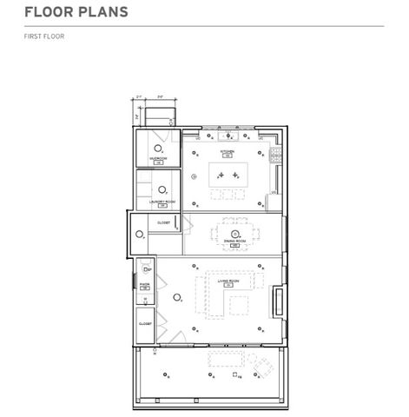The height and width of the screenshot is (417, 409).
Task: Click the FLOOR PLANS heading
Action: click(76, 12)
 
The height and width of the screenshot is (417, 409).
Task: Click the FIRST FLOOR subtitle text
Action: click(44, 36)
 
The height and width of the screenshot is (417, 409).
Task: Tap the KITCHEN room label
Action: click(227, 152)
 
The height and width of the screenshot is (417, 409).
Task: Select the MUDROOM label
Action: click(158, 159)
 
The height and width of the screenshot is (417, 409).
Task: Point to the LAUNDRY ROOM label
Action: click(162, 202)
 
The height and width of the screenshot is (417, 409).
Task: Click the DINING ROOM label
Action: click(234, 242)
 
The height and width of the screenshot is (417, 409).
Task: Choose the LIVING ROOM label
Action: click(229, 281)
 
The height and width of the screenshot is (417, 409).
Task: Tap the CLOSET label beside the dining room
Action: click(164, 223)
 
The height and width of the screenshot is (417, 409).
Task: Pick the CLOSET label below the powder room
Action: click(145, 323)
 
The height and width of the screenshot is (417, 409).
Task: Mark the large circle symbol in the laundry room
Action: click(162, 189)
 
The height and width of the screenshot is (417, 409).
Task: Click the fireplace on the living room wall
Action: click(278, 301)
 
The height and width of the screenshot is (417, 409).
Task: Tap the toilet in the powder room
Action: click(145, 270)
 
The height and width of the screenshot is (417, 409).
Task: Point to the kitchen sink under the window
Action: click(230, 136)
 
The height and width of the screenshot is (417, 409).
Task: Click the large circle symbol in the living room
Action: click(177, 297)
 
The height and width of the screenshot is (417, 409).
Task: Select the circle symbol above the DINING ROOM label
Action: click(234, 233)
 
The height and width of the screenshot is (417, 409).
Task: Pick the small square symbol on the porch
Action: click(235, 374)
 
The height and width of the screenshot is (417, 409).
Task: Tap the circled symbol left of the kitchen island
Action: click(195, 176)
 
